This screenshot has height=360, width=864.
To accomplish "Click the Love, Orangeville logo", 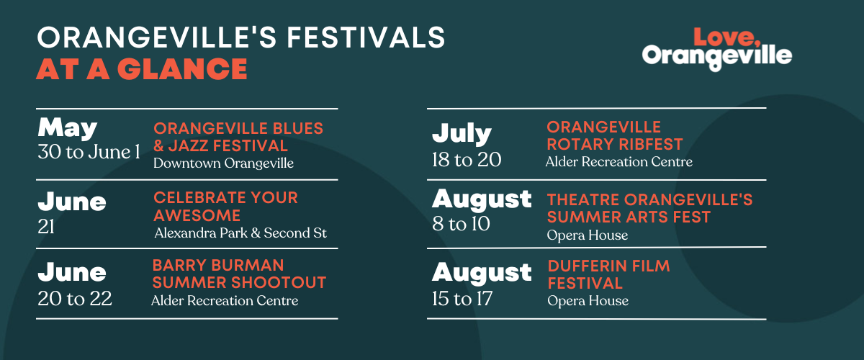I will coord(716,48).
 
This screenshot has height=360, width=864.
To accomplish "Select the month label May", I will coord(67,127).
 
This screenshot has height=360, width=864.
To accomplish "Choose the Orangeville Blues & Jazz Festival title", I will coord(238,137).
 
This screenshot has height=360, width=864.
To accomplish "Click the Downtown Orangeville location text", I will coord(223,163).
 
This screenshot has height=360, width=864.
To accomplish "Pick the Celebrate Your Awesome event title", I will coord(225,207).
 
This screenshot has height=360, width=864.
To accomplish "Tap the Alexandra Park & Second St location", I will coord(240,233).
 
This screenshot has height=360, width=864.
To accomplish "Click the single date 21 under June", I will coord(46,228).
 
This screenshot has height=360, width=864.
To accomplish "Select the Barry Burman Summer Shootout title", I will coord(239,274).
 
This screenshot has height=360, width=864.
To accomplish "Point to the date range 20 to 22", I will coord(75,299).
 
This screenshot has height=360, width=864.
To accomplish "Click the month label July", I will coord(462,134).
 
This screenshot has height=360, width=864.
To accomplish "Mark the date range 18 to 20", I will coord(466,159).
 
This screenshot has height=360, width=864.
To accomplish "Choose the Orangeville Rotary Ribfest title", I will coord(614,135).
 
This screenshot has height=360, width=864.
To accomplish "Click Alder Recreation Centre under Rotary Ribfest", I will coord(618,162).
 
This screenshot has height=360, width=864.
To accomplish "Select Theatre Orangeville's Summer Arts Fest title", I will coord(649,208).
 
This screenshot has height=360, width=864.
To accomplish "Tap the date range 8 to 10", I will coord(461,224).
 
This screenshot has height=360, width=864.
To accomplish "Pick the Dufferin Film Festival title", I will coord(608,274).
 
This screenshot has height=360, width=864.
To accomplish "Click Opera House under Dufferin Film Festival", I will coord(588,300).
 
